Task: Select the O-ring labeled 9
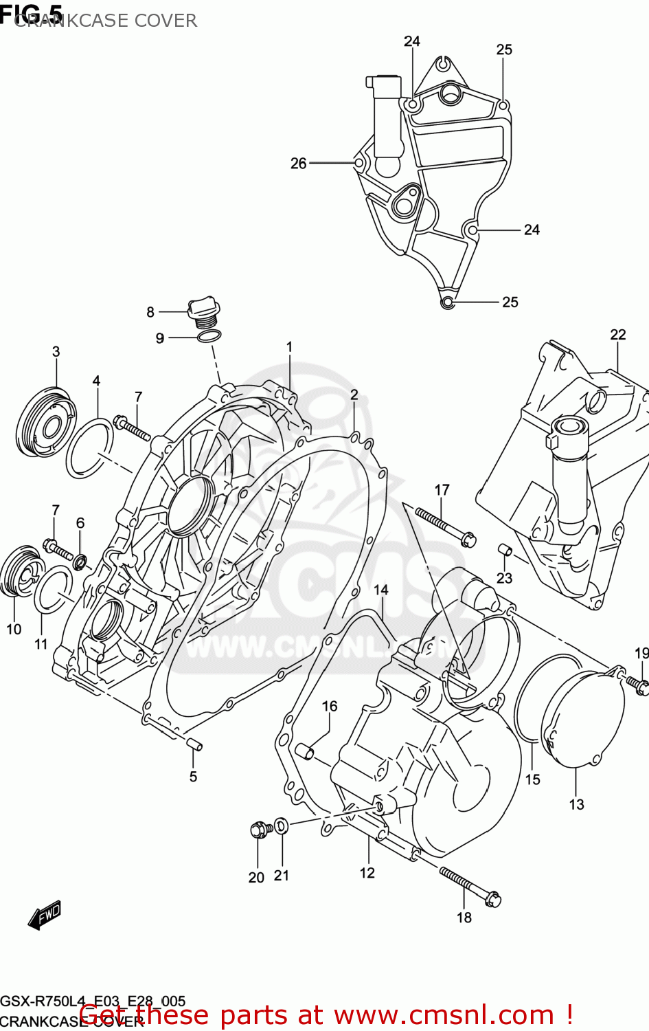209,336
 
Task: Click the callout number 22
617,335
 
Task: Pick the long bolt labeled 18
471,886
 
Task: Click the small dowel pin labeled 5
194,743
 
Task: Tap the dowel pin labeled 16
305,752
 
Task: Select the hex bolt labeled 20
258,830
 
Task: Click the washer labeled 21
282,825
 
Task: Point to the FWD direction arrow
45,915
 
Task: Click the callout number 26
298,164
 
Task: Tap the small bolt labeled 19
637,683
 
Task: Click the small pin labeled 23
505,551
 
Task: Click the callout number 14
380,590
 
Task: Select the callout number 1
289,347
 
